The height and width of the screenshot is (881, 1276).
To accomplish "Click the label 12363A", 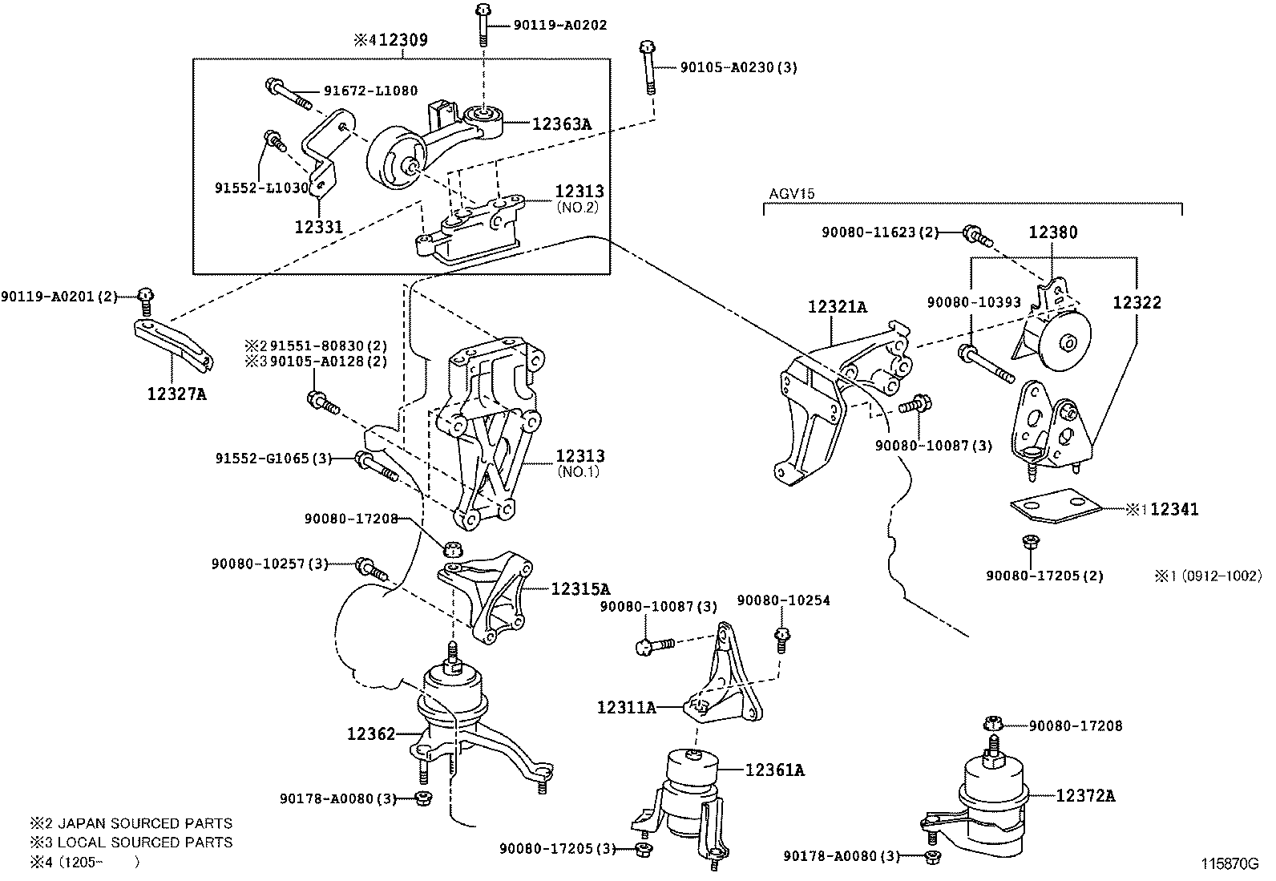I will tap(561, 123).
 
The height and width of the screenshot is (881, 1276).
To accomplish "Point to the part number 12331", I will tap(318, 227).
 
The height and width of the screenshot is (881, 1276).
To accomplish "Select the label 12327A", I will tap(176, 394).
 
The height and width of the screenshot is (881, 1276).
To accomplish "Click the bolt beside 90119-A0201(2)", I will tap(145, 299).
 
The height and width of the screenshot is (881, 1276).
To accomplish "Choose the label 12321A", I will tap(838, 306).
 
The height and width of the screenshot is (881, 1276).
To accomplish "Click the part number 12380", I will tap(1053, 232).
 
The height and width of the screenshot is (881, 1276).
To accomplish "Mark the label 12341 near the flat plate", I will tap(1174, 509).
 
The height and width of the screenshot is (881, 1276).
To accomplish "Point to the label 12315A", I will tap(580, 588).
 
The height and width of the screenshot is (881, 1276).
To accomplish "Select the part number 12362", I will tap(371, 733).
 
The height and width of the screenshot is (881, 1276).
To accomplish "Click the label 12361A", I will tap(774, 770).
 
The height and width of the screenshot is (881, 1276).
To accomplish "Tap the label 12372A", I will tap(1085, 795).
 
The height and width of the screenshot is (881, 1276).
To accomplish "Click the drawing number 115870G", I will tap(1230, 863).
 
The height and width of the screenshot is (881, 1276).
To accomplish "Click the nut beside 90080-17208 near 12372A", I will tap(994, 724).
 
